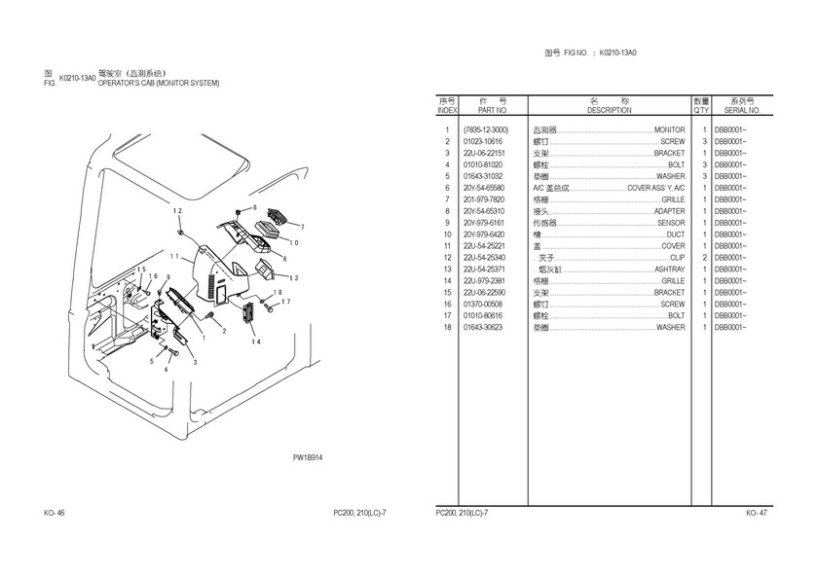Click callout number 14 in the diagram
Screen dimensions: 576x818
pos(256,342)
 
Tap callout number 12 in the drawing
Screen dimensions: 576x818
pos(177,211)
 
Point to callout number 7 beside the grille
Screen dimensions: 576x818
pos(302,227)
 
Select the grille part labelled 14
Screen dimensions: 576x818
pos(246,313)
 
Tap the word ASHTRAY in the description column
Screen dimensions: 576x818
pos(669,269)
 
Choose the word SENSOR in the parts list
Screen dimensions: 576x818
pos(671,223)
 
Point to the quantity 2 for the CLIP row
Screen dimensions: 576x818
pos(702,257)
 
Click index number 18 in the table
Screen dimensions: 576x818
pos(447,327)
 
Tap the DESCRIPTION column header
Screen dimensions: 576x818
pos(610,111)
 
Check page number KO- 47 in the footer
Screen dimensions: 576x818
pos(758,513)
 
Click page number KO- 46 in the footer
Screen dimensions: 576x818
pos(55,513)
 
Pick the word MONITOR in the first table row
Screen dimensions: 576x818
pos(669,129)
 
